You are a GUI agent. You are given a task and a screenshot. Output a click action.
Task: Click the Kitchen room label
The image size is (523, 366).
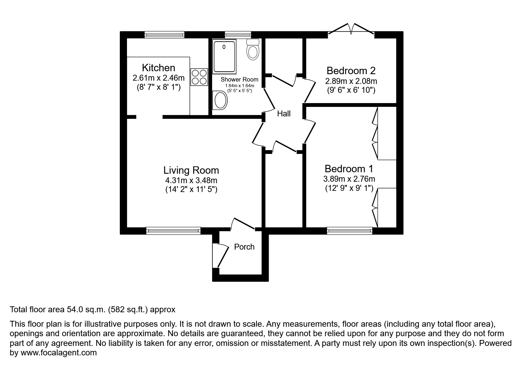pos(158,68)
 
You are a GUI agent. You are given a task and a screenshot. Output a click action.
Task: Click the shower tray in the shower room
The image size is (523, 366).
pos(224,57)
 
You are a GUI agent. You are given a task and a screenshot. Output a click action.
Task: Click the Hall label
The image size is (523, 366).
pos(284,114)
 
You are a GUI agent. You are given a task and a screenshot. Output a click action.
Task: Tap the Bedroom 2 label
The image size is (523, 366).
pos(351,71)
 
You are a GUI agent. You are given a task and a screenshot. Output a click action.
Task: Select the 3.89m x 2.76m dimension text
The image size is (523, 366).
pos(349,179)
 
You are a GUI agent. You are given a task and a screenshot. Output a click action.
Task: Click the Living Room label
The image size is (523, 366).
pos(191,170)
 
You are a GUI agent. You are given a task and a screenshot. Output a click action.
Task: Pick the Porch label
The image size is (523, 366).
pos(244,247)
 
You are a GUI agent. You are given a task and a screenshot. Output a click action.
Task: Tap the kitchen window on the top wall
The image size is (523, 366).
pos(164,35)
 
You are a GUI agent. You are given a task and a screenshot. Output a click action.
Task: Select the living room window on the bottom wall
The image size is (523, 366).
pos(173,231)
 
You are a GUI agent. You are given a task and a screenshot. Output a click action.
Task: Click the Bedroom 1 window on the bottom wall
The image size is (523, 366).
pos(350,231)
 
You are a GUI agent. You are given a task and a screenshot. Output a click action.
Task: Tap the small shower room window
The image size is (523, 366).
pos(238,35)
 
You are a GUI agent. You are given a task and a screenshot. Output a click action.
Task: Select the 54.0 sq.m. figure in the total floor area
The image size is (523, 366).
pos(86,310)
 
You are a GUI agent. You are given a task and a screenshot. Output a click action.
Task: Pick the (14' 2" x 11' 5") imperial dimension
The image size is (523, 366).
pos(191,189)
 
